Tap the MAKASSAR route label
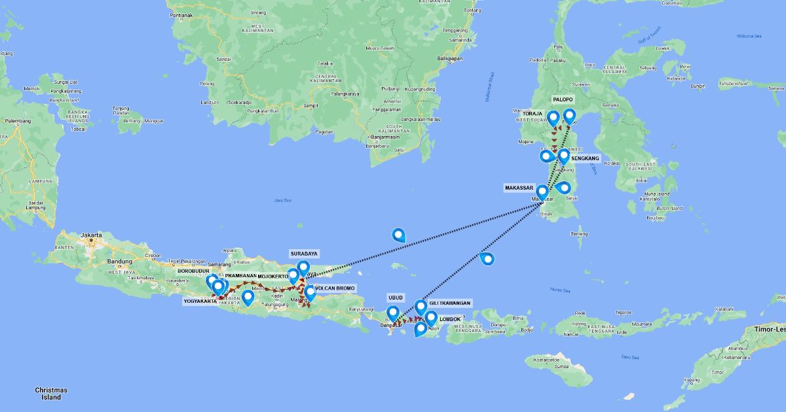coord(519,188)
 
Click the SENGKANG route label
coord(586,158)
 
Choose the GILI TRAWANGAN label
coord(451,303)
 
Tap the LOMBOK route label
coord(451,319)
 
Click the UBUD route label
coord(396,296)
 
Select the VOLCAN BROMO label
coord(335,288)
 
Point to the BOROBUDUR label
coord(193,270)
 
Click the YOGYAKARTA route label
coord(200,301)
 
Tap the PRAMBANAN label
coord(240,276)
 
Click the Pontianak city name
coord(181,14)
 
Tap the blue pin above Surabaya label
coord(303,268)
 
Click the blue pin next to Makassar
coord(542,192)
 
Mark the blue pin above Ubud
coord(393,313)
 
